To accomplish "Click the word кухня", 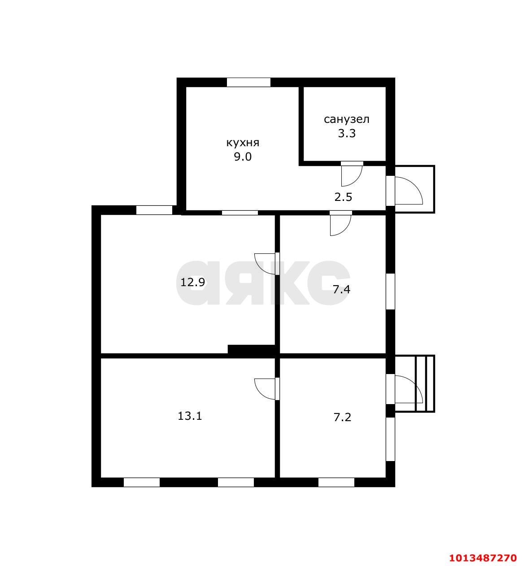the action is point(243,143).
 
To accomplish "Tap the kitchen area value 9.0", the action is point(243,157).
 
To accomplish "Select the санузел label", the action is point(347,119).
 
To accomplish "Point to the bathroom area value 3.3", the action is point(347,133).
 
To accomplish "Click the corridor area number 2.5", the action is point(343,197).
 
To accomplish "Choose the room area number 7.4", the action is point(342,290).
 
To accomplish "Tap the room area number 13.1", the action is point(190,416).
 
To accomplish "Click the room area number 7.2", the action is point(342,418).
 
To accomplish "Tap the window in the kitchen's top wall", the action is point(248,83).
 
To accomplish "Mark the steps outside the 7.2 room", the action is point(425,383).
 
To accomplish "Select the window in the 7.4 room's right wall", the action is point(391,292).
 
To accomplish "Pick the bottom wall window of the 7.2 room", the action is point(336,482).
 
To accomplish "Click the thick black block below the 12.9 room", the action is point(251,349).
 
